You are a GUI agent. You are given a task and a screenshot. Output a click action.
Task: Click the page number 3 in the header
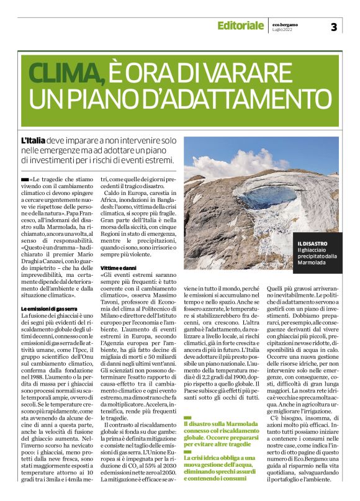tap(333, 26)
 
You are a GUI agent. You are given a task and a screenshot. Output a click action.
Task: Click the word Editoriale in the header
tap(240, 25)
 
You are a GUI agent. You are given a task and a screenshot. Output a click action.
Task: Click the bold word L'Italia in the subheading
tap(33, 141)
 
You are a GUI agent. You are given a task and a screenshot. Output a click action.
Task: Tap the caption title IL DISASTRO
tap(312, 243)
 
